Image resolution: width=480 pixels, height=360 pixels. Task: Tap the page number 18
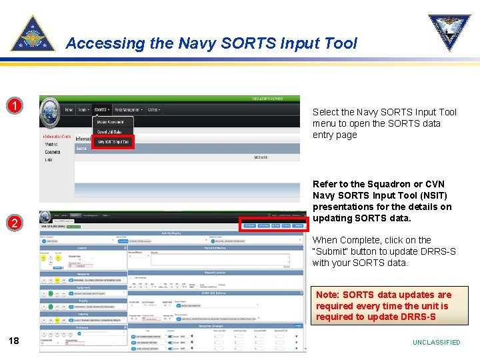(13, 341)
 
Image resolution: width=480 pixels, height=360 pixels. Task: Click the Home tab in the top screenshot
(69, 109)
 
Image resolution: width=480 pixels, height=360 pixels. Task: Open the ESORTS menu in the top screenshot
(101, 109)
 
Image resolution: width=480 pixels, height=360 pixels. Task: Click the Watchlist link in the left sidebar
(51, 144)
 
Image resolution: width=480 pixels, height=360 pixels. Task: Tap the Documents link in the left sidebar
(53, 152)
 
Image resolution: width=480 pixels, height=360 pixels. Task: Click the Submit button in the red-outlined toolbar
(301, 226)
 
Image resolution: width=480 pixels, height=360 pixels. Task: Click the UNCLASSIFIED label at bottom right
(436, 342)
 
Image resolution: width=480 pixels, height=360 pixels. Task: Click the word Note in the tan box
(327, 295)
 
